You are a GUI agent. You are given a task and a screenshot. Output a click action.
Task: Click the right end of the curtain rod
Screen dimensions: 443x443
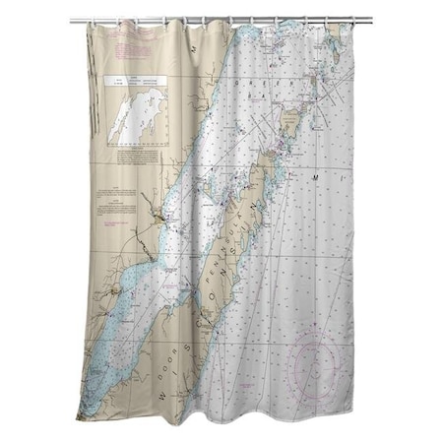point(370,19)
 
